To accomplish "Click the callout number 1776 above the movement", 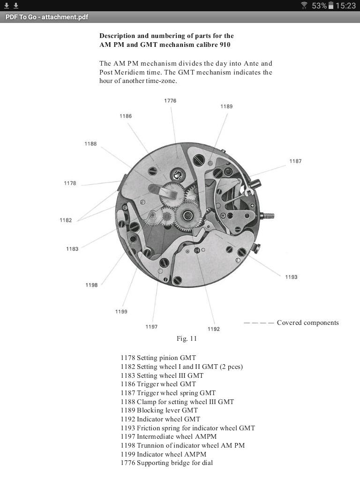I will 170,101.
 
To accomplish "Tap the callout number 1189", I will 226,106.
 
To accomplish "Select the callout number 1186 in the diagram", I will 126,116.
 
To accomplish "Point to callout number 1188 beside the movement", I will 90,144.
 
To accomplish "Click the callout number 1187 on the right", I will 295,161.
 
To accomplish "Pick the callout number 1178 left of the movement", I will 70,183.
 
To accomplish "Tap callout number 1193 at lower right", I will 291,277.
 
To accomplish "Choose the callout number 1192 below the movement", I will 213,329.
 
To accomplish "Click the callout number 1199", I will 121,312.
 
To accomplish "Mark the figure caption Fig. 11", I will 187,338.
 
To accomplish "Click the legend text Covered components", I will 307,322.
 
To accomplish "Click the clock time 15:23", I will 345,6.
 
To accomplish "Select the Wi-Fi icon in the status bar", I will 304,6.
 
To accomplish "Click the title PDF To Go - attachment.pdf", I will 47,17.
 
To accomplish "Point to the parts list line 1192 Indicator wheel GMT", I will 160,419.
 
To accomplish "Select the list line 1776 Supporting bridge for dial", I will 166,463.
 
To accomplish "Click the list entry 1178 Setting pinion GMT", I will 158,358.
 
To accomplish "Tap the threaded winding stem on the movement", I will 268,216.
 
